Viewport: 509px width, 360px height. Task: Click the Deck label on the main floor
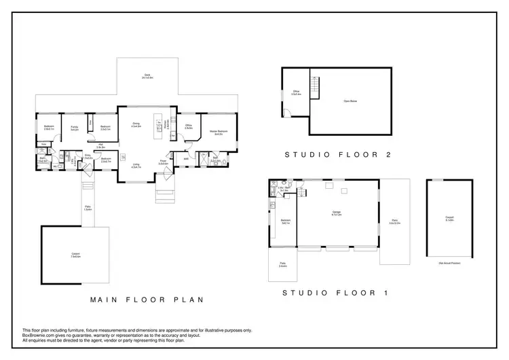[x=147, y=76]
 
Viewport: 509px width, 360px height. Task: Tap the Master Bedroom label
[x=218, y=132]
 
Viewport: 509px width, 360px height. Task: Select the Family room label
[x=74, y=128]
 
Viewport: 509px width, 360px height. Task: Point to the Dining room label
[x=136, y=125]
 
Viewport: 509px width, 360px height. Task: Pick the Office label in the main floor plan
[x=188, y=126]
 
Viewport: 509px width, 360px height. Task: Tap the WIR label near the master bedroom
[x=186, y=159]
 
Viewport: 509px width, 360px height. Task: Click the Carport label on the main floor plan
[x=75, y=255]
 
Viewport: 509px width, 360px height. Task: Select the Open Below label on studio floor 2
[x=351, y=101]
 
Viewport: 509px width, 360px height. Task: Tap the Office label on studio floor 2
[x=296, y=93]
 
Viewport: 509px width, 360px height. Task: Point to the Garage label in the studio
[x=336, y=213]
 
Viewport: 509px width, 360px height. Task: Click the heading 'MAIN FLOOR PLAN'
[x=147, y=299]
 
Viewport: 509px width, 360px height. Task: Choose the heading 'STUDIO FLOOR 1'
[x=336, y=293]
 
